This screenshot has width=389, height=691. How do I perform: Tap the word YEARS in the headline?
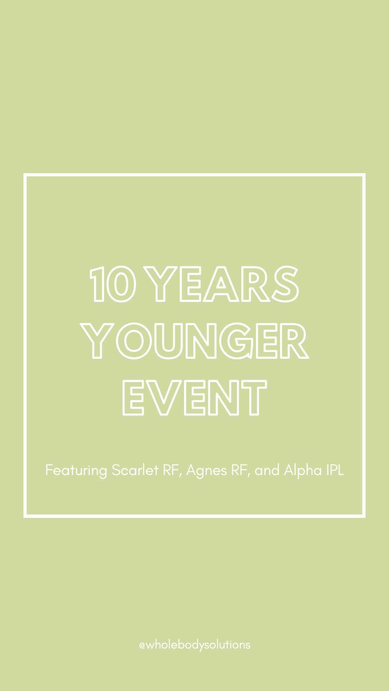click(224, 284)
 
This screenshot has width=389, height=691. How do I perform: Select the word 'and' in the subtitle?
click(267, 470)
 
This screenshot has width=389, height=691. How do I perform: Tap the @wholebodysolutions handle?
click(194, 645)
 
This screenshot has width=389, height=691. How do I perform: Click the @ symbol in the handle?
click(142, 645)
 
